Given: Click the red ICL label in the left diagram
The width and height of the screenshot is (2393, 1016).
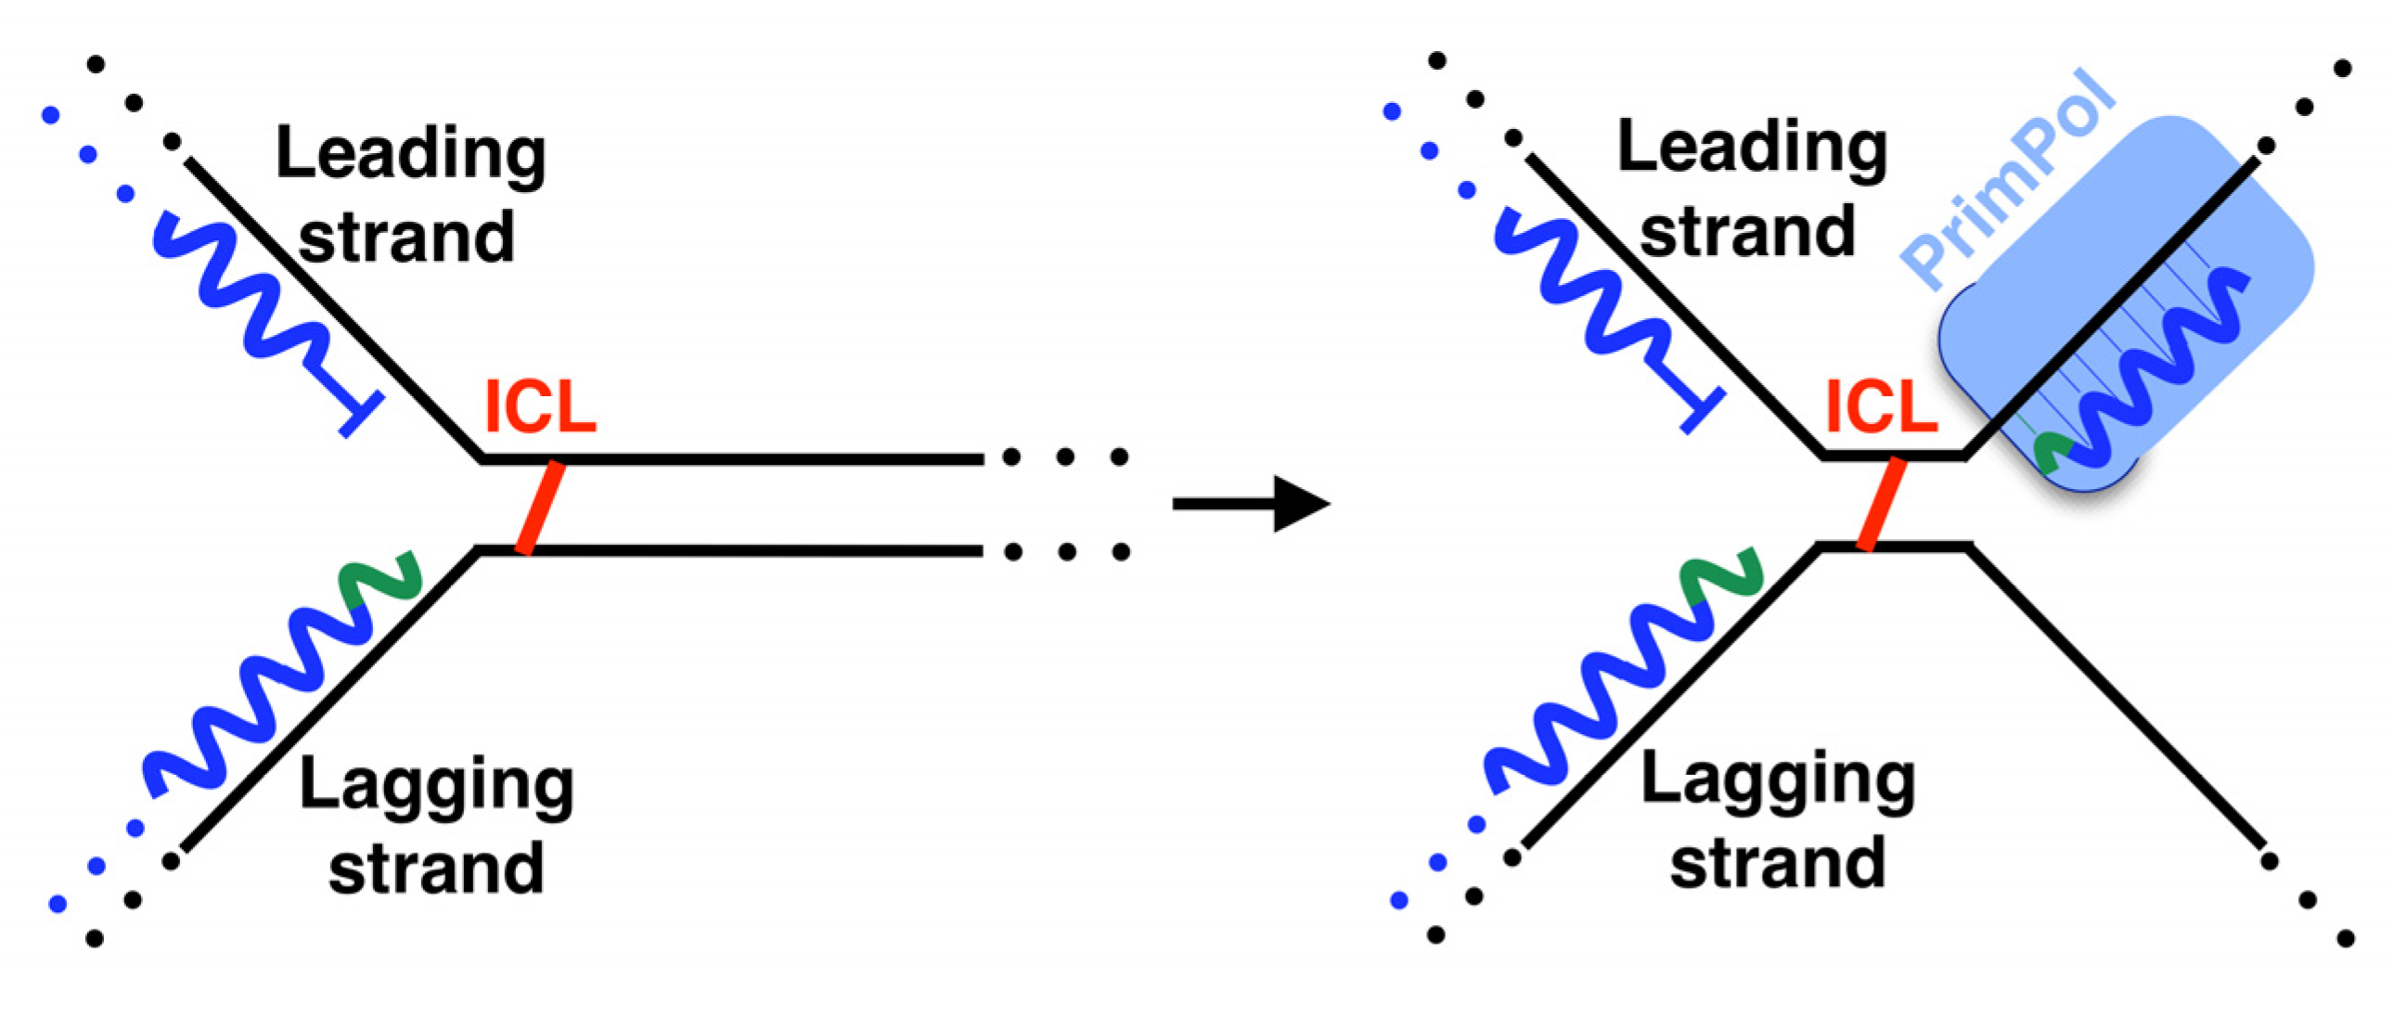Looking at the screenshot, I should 540,407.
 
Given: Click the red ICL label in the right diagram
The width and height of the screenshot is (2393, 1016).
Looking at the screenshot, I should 1880,407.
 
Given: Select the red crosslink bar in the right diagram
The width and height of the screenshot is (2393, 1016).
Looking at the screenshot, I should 1882,504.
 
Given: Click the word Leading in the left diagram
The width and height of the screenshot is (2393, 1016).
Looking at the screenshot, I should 411,154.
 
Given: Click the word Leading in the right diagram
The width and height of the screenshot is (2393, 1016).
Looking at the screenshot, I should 1752,148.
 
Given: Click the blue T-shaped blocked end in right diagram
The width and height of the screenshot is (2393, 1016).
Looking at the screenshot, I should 1702,410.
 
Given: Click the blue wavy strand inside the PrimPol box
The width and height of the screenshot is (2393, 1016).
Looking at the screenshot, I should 2165,371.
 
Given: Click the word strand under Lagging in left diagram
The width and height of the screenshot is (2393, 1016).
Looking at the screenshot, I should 436,868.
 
